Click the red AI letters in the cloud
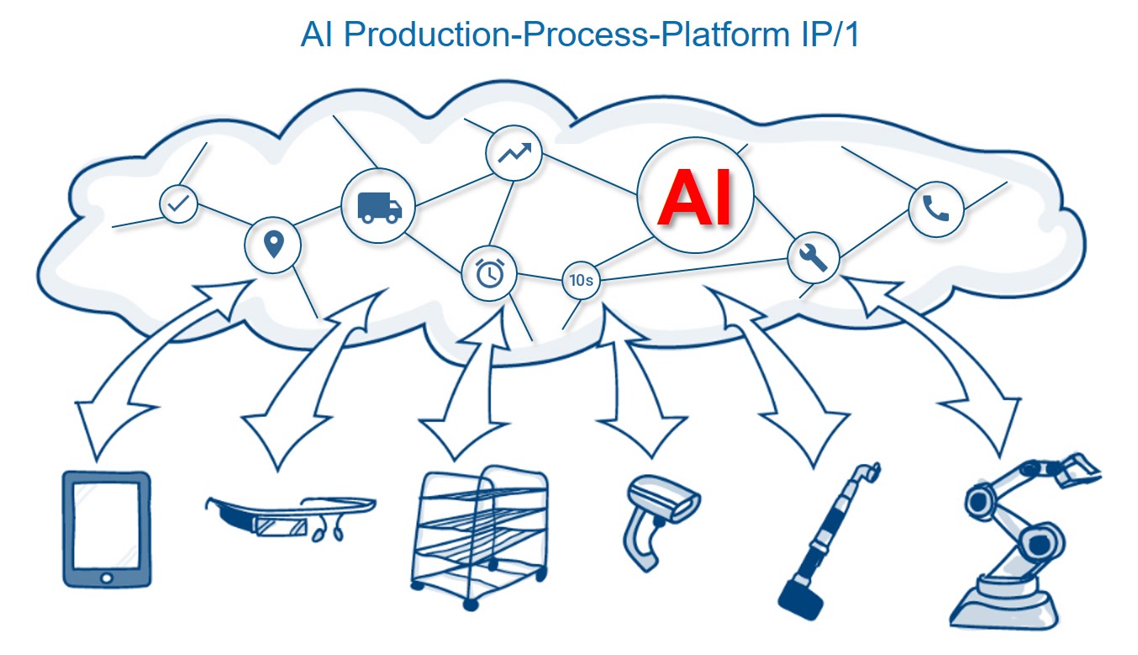point(694,198)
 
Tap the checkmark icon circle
point(178,203)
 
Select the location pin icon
point(272,245)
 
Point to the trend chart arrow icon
point(514,153)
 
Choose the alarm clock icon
point(489,272)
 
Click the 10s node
point(581,281)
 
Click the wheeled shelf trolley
point(480,539)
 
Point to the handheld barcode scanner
point(660,516)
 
